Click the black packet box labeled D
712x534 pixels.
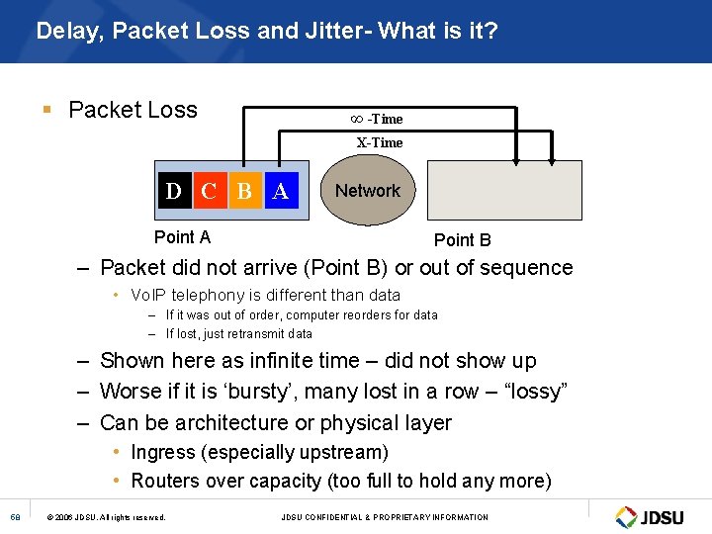pyautogui.click(x=174, y=190)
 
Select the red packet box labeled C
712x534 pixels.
pyautogui.click(x=209, y=190)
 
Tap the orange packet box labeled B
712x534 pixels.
pyautogui.click(x=244, y=190)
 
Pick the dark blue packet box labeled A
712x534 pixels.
pyautogui.click(x=280, y=190)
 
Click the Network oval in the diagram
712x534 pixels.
pyautogui.click(x=368, y=191)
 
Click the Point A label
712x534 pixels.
pyautogui.click(x=182, y=236)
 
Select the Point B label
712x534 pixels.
pyautogui.click(x=462, y=239)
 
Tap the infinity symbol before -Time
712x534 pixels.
pyautogui.click(x=357, y=119)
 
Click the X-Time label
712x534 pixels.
pyautogui.click(x=380, y=142)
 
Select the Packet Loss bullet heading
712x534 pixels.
pyautogui.click(x=133, y=110)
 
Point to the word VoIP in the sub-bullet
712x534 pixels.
pyautogui.click(x=148, y=295)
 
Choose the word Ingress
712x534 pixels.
pyautogui.click(x=164, y=452)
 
